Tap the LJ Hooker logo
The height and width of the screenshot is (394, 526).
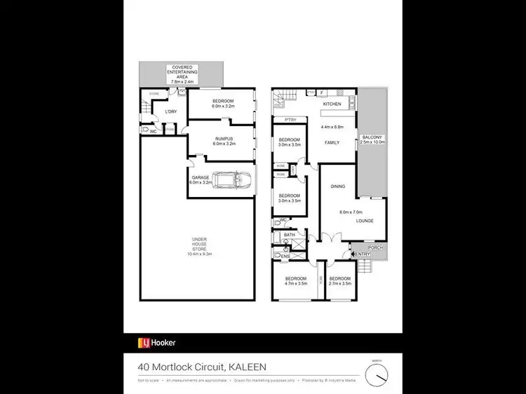156,343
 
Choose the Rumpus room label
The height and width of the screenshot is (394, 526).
224,139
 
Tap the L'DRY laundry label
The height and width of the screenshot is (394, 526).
170,111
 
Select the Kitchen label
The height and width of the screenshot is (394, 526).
331,104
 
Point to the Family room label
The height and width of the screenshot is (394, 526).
332,142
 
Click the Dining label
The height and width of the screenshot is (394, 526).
338,186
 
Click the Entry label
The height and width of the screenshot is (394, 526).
362,254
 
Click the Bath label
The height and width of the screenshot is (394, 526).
279,235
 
